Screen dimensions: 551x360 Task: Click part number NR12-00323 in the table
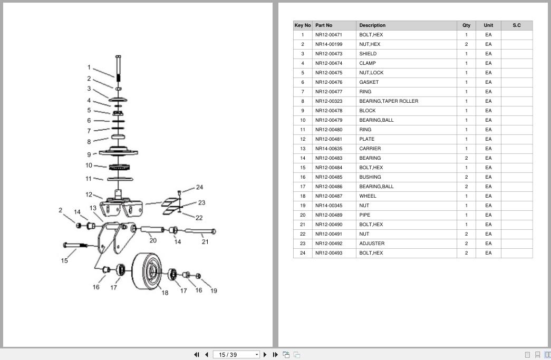click(328, 101)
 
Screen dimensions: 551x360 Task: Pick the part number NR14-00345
click(328, 206)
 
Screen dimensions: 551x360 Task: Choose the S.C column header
click(517, 25)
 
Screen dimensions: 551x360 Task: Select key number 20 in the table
click(303, 215)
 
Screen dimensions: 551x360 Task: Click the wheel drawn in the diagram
click(147, 271)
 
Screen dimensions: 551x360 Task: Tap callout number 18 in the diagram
click(165, 293)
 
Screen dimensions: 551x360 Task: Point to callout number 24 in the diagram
click(200, 187)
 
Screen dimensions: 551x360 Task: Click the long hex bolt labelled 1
click(118, 68)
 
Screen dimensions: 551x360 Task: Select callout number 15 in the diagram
click(64, 260)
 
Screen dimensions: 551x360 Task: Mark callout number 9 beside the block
click(89, 154)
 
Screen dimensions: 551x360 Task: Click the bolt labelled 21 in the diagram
click(200, 231)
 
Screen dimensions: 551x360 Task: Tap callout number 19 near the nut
click(214, 291)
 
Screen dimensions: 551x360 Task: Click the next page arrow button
click(265, 355)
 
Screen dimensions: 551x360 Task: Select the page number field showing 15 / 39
click(236, 355)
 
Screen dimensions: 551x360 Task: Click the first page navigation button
click(197, 355)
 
